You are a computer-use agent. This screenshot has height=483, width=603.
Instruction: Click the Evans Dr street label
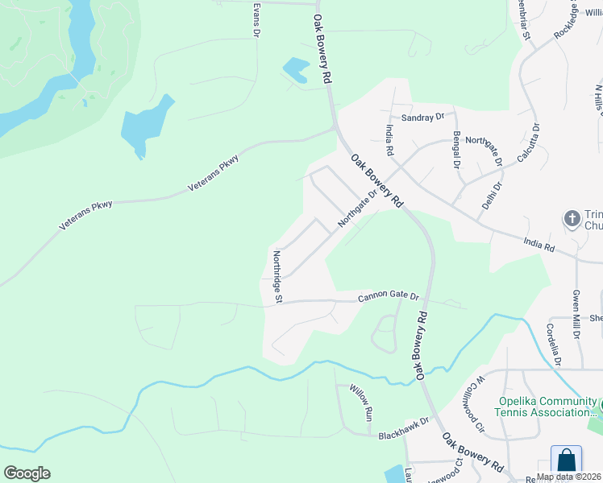256,18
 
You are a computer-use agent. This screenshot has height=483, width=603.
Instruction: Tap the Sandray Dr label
423,118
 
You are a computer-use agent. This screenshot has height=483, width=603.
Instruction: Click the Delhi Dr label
491,196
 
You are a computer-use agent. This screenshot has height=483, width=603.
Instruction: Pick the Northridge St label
277,276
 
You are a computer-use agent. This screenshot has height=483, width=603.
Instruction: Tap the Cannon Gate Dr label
389,298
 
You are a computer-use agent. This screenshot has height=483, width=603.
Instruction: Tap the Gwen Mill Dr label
576,315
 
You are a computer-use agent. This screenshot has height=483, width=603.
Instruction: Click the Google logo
27,473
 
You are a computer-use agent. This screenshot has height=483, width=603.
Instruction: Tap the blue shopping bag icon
566,460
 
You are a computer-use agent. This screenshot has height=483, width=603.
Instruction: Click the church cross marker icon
572,219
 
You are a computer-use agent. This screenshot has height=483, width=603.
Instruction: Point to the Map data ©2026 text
569,477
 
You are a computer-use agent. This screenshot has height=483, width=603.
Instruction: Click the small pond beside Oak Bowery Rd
296,69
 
